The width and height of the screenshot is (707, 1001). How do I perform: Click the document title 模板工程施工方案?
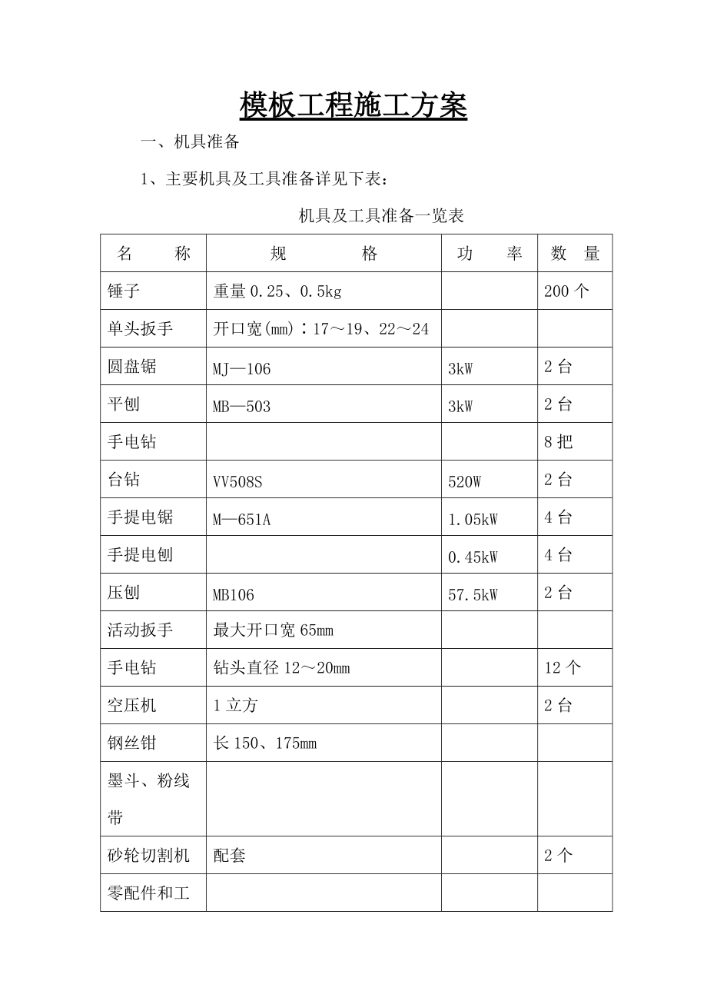pos(353,105)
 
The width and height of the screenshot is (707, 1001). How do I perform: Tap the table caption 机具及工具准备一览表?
pos(381,216)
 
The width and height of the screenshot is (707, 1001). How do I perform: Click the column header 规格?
pos(324,254)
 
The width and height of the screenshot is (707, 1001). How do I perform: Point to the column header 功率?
pos(489,254)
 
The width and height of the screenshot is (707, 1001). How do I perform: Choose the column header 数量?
pos(575,254)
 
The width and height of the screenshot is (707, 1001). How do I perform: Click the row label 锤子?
pos(124,291)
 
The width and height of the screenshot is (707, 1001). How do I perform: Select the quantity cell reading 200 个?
pos(566,291)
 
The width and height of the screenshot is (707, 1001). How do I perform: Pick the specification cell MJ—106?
pos(242,369)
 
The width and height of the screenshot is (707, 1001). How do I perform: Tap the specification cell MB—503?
pos(242,407)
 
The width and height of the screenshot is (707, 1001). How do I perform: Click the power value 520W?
pos(464,482)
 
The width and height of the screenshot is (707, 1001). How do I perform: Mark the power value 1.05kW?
pos(473,520)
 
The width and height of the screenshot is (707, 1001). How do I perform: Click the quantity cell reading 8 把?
pos(558,442)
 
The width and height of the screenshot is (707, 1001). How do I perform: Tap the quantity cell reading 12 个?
pos(563,668)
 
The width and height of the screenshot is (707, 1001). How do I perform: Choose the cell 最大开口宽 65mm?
pos(273,630)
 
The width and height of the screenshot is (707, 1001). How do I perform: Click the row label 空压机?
pos(132,706)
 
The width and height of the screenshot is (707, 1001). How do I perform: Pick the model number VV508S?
pos(237,482)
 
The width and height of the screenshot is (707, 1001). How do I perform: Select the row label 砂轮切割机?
pos(148,856)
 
